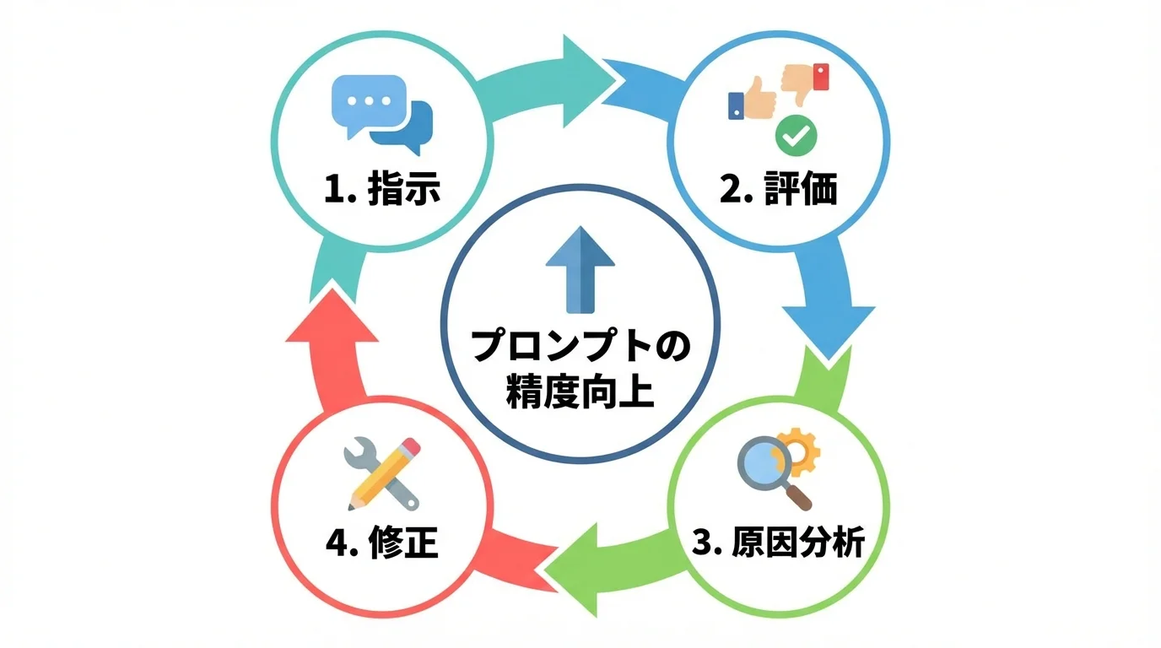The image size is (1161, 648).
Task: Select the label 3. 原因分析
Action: [x=778, y=543]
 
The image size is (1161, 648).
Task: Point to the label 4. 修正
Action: [x=382, y=543]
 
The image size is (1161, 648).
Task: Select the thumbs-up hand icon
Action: [x=753, y=100]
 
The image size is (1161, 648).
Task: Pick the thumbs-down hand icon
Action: [x=804, y=82]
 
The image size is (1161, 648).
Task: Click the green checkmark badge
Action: [x=795, y=135]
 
